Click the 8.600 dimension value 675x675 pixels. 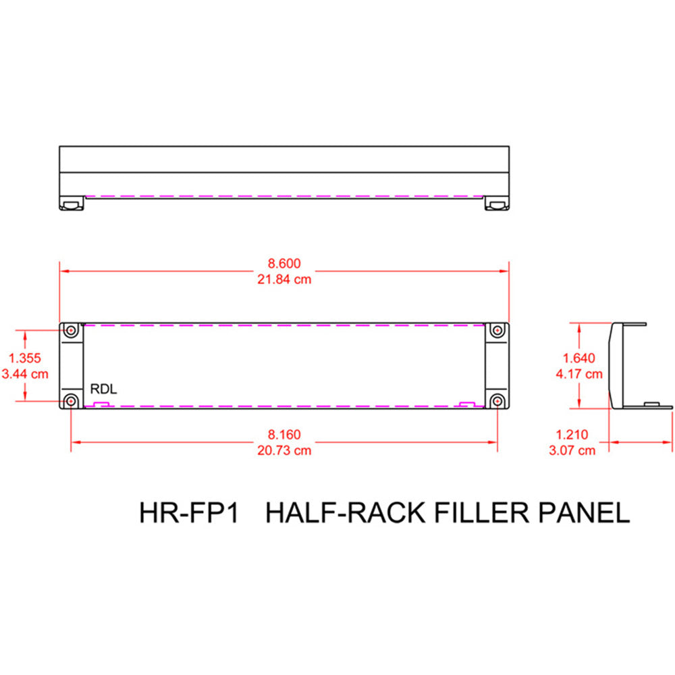[x=284, y=263]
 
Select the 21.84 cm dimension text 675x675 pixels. [x=284, y=279]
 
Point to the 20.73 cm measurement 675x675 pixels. [x=284, y=450]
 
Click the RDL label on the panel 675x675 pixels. [x=103, y=390]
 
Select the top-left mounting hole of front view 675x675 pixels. [x=71, y=331]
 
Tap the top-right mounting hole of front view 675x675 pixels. [x=497, y=331]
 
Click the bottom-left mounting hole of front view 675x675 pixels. [x=71, y=402]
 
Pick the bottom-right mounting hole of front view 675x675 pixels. [x=497, y=402]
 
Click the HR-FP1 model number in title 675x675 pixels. [x=190, y=512]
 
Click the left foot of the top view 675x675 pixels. [x=71, y=203]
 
